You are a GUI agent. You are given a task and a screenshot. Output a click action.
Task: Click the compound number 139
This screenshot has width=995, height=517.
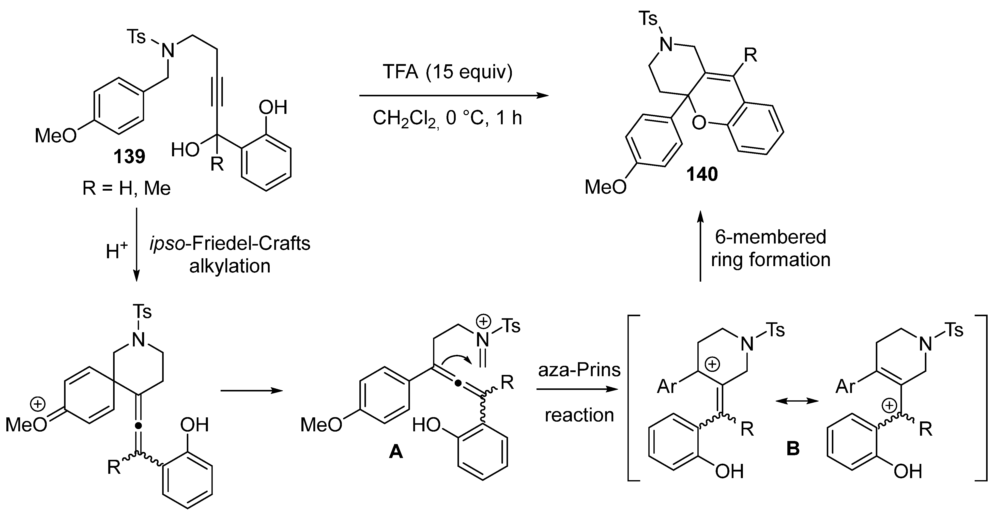click(129, 157)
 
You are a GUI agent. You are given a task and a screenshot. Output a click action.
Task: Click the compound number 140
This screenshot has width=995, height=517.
click(702, 174)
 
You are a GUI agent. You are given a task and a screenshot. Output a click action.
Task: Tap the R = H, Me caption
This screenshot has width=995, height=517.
click(126, 189)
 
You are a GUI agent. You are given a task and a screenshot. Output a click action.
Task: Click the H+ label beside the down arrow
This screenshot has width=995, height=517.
click(116, 252)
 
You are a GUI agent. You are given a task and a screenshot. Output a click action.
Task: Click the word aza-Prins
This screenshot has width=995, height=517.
click(579, 370)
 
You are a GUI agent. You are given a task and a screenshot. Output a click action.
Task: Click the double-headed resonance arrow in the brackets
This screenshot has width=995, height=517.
click(797, 401)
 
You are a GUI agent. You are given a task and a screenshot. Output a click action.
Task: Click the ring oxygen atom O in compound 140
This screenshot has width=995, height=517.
click(699, 123)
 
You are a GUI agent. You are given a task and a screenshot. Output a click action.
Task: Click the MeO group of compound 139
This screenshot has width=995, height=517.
click(55, 136)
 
